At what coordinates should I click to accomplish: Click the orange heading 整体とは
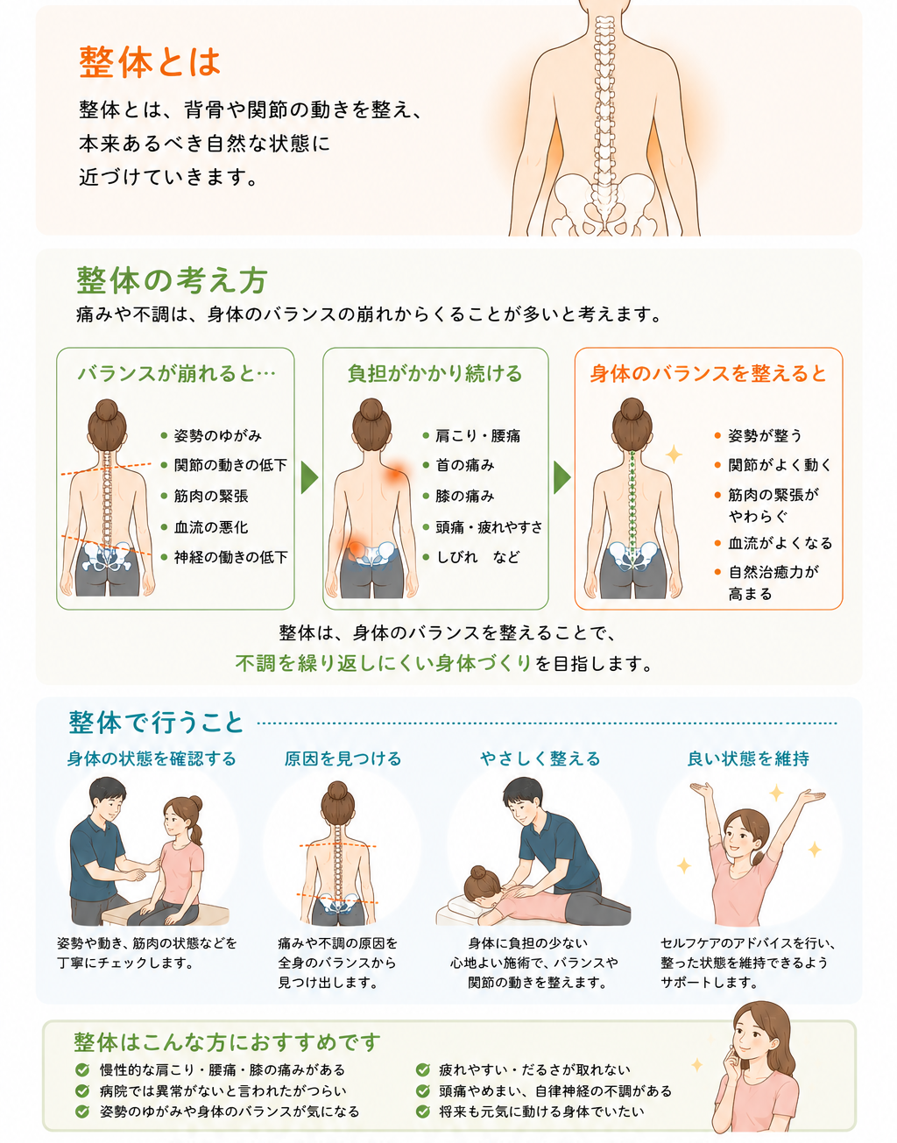tap(150, 62)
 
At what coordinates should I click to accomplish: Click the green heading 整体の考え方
tap(172, 280)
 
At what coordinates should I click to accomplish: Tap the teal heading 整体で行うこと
tap(156, 723)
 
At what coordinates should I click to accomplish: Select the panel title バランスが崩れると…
tap(177, 373)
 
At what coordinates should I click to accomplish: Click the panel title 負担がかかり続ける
tap(434, 373)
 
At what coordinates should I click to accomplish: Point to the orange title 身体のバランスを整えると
tap(708, 373)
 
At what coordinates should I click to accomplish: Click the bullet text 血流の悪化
tap(211, 527)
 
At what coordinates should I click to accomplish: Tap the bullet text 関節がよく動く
tap(780, 465)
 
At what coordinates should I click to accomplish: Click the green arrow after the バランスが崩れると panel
tap(309, 477)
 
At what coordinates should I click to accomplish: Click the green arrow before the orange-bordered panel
tap(562, 477)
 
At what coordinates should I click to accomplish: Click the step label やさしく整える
tap(540, 758)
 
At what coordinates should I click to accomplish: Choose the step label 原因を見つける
tap(343, 758)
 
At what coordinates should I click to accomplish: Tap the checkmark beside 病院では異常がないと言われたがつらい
tap(82, 1090)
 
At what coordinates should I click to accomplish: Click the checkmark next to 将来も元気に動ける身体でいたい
tap(423, 1111)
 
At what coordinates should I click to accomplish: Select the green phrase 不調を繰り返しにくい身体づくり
tap(384, 663)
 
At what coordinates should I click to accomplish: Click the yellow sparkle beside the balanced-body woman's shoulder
tap(674, 454)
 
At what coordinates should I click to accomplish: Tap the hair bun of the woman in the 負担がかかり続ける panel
tap(371, 409)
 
